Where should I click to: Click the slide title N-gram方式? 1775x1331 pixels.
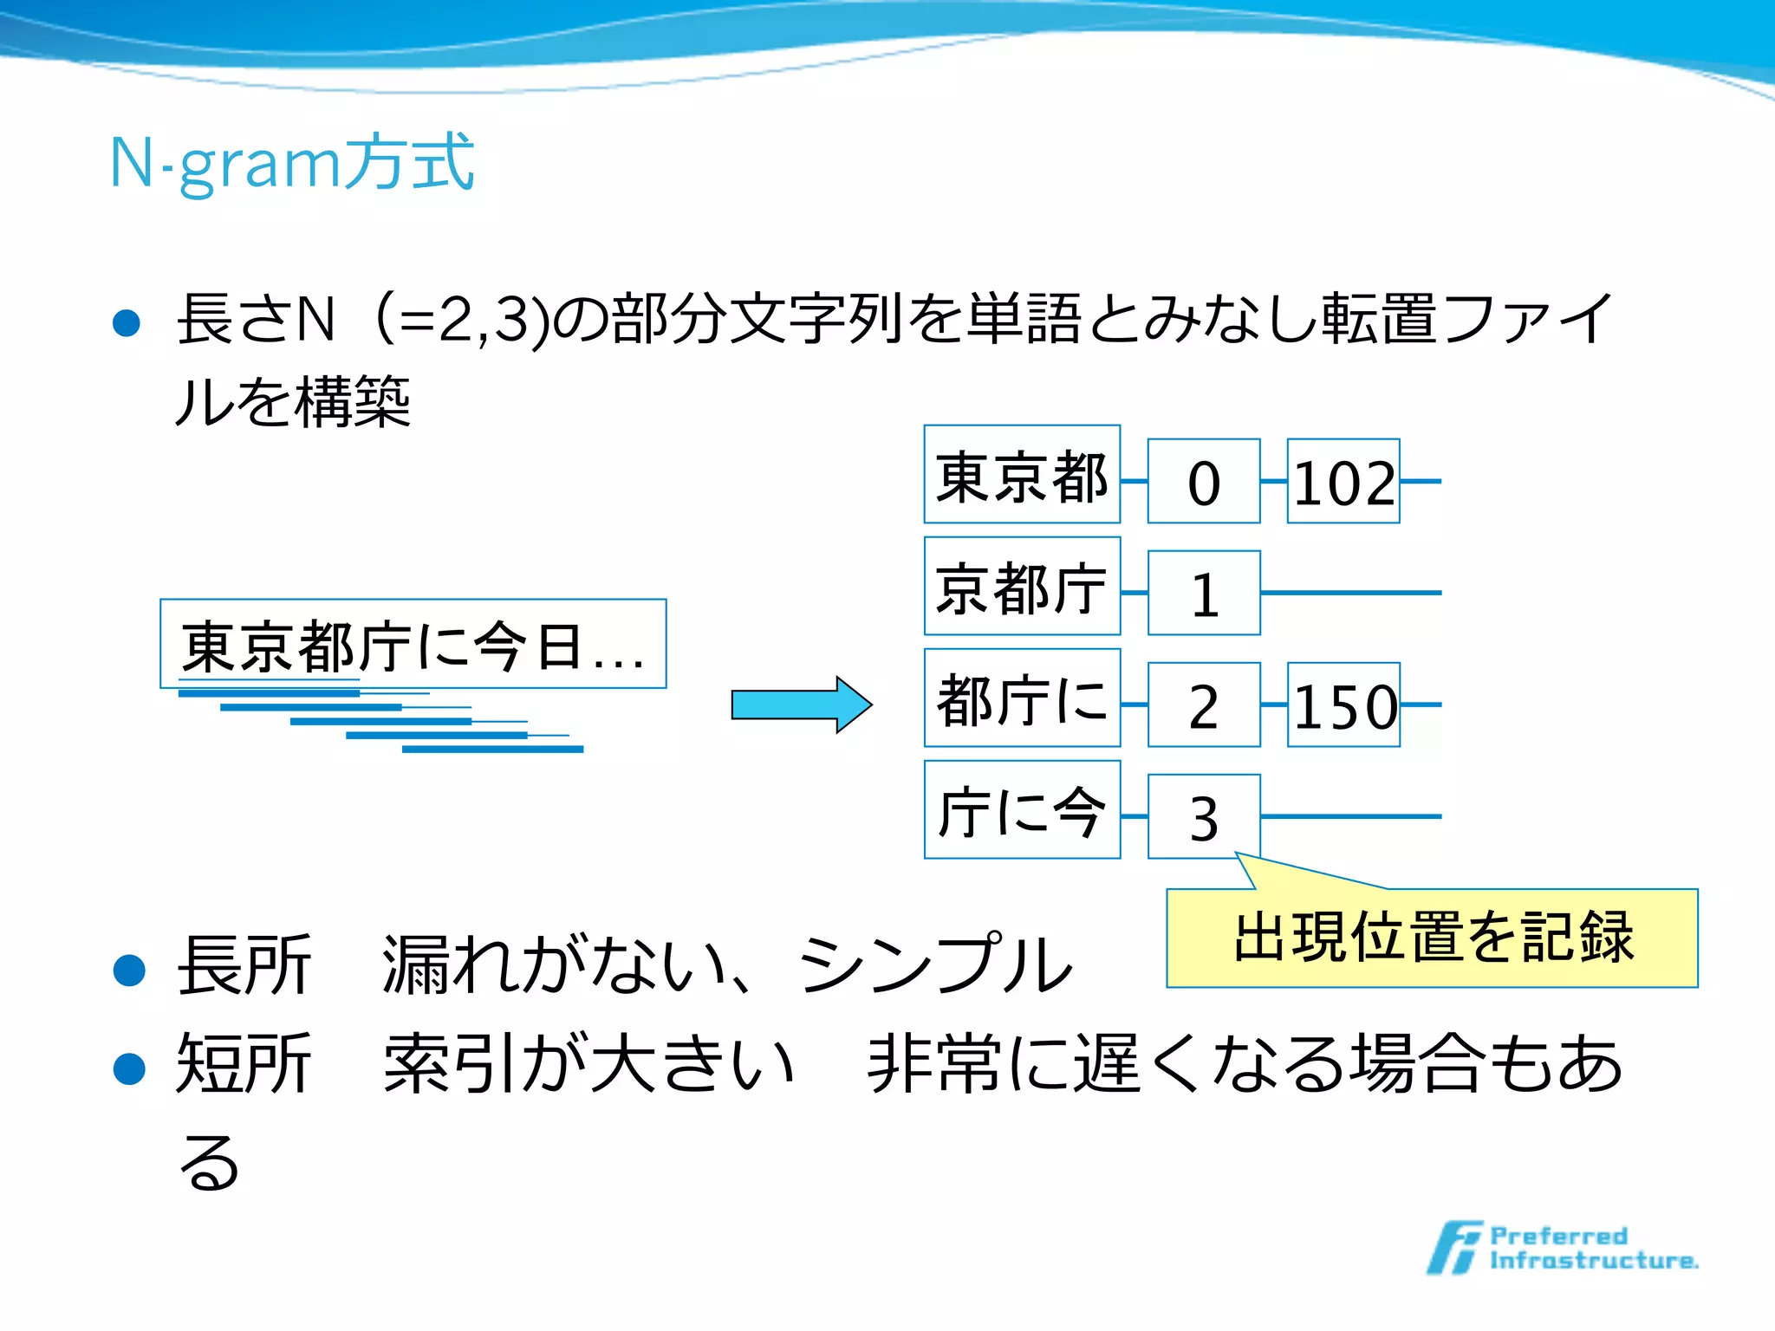[x=292, y=162]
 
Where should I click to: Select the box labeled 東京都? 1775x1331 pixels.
[x=1022, y=475]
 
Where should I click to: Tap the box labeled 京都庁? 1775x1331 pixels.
[x=1022, y=587]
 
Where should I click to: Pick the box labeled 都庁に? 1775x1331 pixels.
[x=1022, y=698]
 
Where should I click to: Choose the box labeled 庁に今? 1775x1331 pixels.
[x=1022, y=810]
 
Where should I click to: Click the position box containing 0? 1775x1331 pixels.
[x=1204, y=482]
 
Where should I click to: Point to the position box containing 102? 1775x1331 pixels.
[x=1343, y=482]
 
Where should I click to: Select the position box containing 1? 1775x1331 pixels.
[x=1204, y=594]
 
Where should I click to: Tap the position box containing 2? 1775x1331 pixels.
[x=1204, y=705]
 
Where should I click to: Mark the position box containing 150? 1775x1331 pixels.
[x=1343, y=705]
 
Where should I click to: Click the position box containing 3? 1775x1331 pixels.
[x=1204, y=817]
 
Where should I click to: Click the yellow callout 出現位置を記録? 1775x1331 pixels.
[x=1432, y=938]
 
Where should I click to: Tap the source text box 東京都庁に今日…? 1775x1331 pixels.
[x=413, y=645]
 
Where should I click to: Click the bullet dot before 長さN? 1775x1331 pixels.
[x=127, y=322]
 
